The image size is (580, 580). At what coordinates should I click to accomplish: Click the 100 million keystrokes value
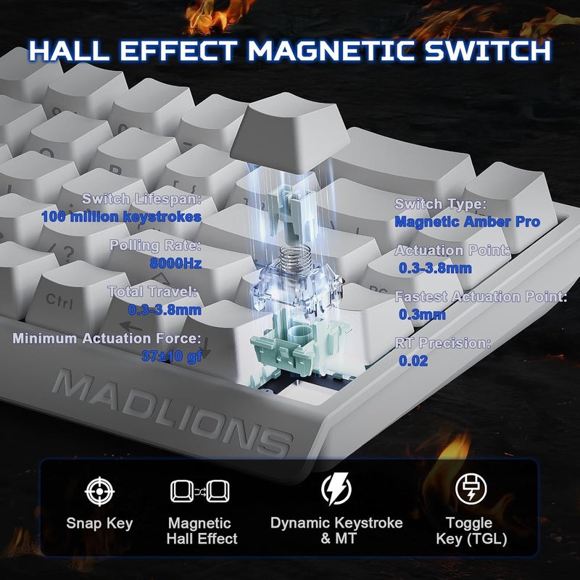pos(121,216)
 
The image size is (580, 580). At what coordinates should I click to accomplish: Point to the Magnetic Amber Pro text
pos(467,222)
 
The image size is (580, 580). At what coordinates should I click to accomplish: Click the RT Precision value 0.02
pos(413,360)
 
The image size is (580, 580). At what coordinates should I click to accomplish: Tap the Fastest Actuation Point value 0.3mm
pos(422,315)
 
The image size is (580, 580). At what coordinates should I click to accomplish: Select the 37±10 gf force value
pos(172,355)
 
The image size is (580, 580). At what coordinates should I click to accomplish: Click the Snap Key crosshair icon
pos(99,491)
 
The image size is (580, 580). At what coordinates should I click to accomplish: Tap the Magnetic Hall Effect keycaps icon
pos(199,491)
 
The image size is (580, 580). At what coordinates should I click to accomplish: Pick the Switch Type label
pos(440,204)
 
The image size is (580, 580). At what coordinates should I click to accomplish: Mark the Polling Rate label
pos(155,246)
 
